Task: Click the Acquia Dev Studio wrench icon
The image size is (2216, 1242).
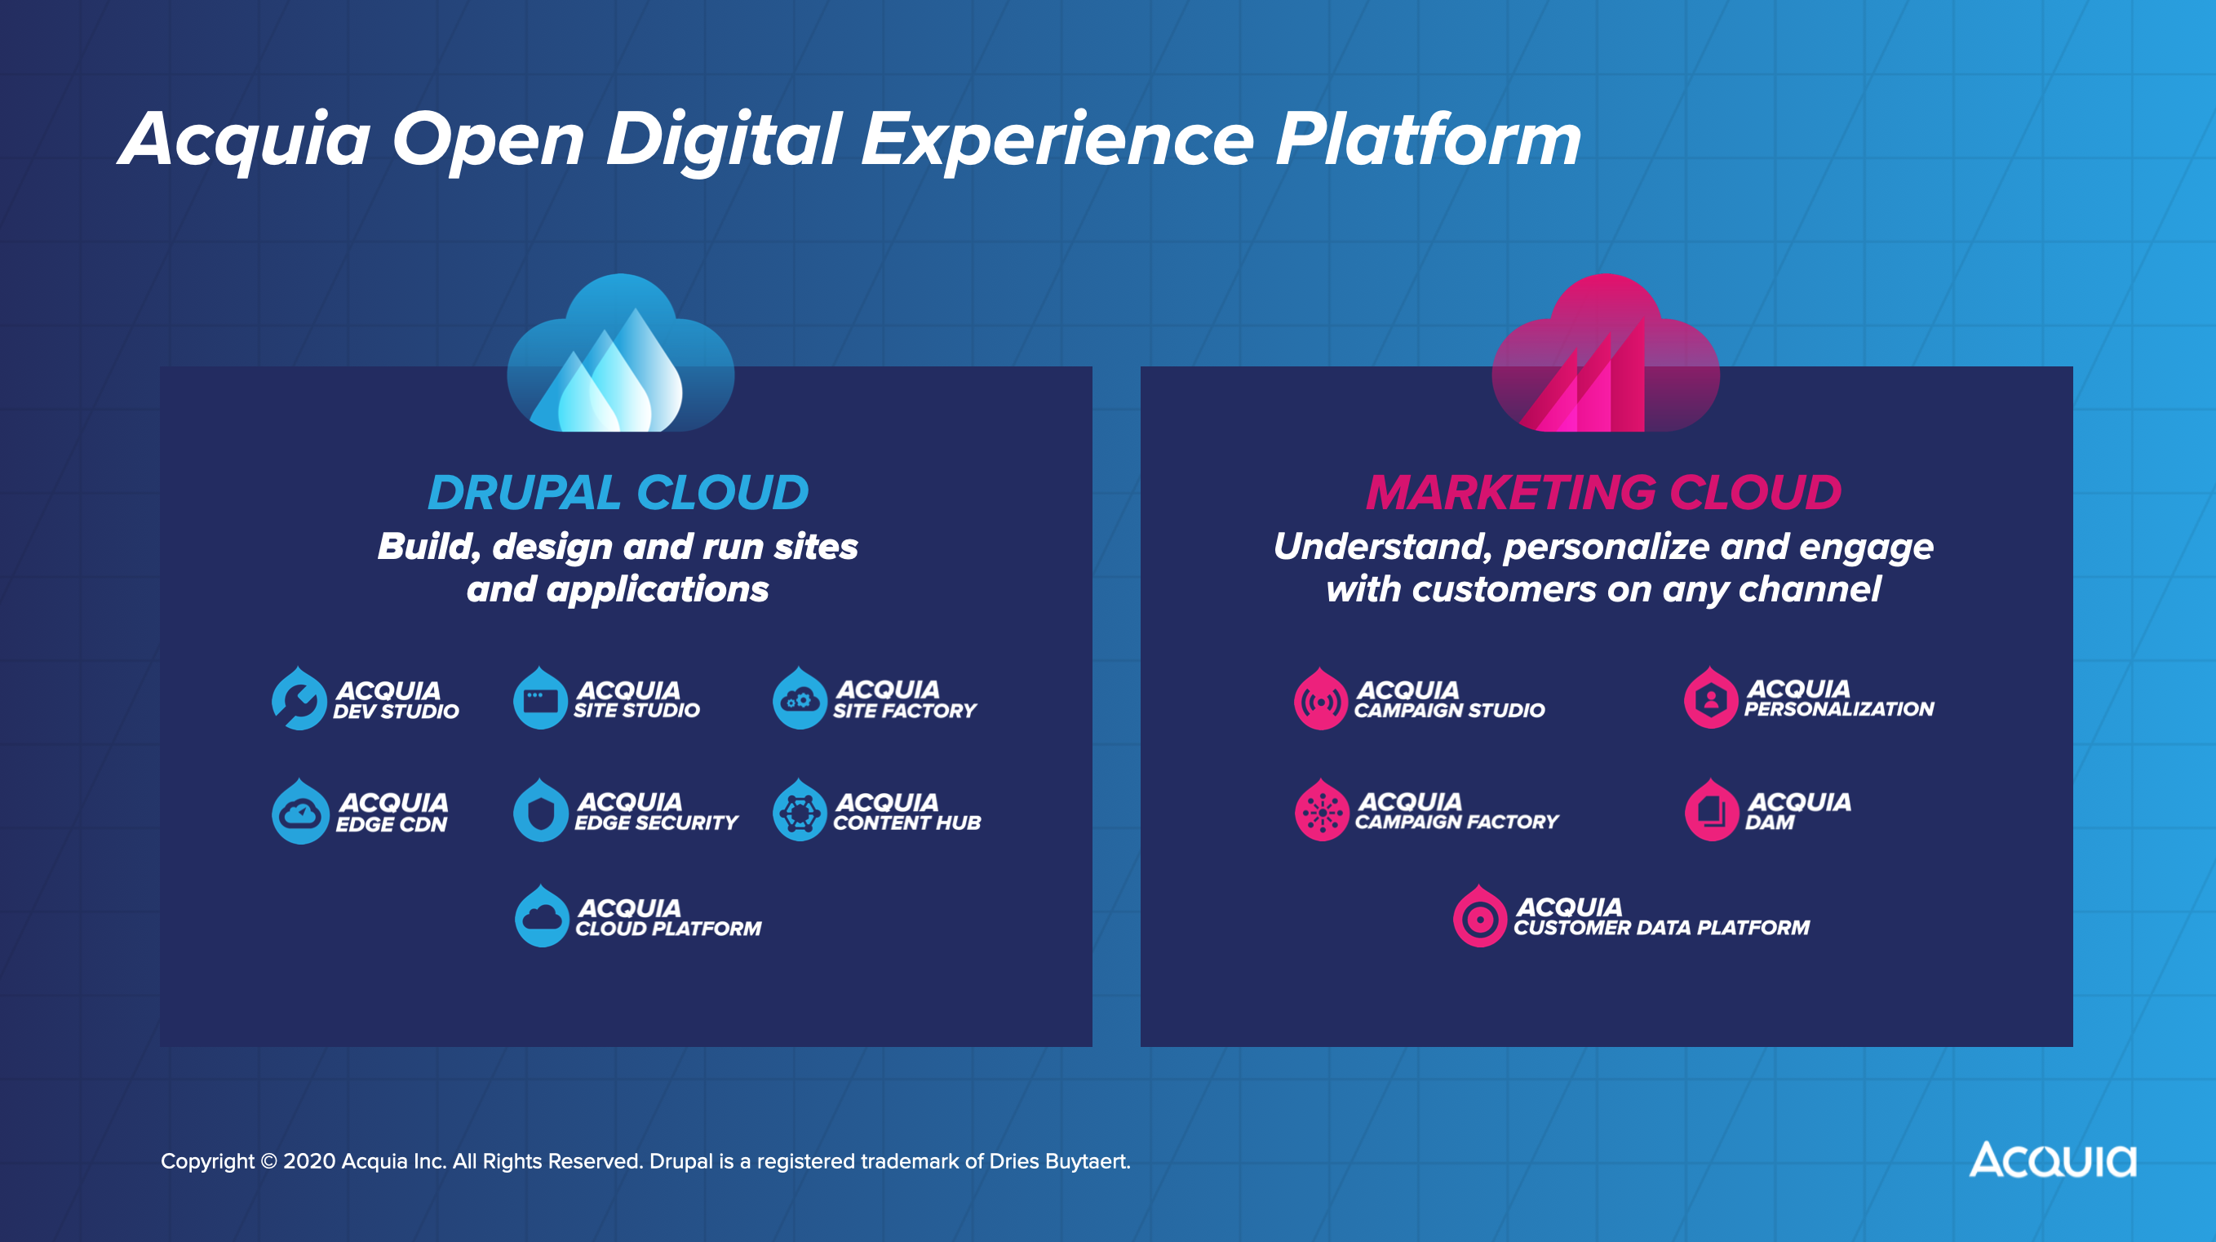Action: coord(299,700)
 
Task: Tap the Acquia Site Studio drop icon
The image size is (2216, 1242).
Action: coord(540,700)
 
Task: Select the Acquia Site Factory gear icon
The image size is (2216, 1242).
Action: coord(799,700)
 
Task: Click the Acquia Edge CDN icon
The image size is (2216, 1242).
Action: coord(300,813)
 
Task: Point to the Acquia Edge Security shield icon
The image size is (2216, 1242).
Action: coord(541,812)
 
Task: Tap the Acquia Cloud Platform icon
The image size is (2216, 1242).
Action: coord(542,919)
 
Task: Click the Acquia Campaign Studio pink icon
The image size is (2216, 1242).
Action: coord(1320,701)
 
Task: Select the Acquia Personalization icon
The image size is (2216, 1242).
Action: coord(1711,699)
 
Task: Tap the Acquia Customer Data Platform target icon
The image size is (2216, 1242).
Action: coord(1479,919)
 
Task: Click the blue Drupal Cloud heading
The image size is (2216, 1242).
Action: coord(618,493)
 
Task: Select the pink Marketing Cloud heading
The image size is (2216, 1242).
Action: coord(1603,493)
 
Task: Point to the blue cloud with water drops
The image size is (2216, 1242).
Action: coord(620,357)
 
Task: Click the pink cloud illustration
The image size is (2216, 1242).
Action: coord(1605,357)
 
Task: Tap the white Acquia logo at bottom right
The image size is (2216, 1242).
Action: coord(2053,1160)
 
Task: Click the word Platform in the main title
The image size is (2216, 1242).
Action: coord(1428,140)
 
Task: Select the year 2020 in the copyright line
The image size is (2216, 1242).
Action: coord(309,1162)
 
